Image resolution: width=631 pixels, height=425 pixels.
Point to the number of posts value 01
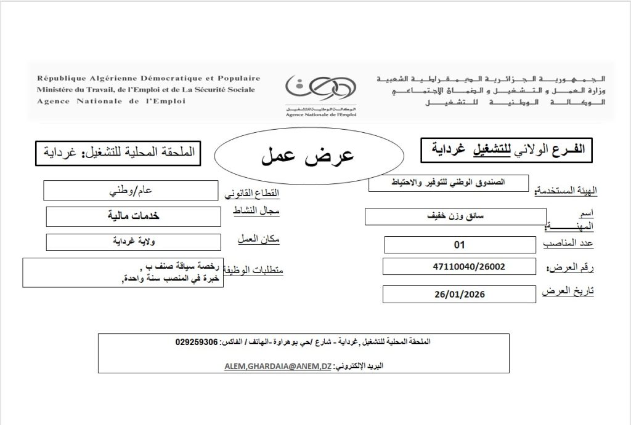(x=458, y=245)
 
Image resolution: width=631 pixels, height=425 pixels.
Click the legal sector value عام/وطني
(x=131, y=190)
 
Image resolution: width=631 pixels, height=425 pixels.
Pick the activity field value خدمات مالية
(x=134, y=216)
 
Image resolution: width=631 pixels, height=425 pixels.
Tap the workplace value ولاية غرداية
(x=133, y=242)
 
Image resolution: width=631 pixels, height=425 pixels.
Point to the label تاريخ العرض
(x=568, y=291)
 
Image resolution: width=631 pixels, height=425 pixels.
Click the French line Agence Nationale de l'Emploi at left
(x=111, y=101)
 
